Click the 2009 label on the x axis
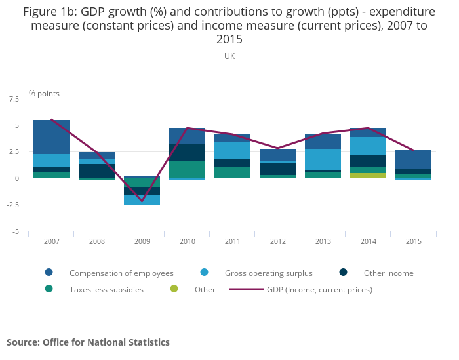142,241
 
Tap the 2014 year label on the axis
368,241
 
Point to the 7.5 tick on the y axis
14,98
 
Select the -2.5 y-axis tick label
12,205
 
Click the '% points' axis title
44,94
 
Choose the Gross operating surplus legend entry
268,273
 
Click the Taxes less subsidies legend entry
106,289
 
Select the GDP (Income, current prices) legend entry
319,289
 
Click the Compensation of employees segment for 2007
51,137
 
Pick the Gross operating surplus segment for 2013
323,159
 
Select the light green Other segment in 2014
368,176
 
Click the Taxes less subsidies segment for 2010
187,169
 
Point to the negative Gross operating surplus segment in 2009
142,200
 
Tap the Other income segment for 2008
96,171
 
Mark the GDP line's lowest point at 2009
142,201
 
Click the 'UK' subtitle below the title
229,56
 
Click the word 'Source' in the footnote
22,342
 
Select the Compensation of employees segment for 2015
413,159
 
